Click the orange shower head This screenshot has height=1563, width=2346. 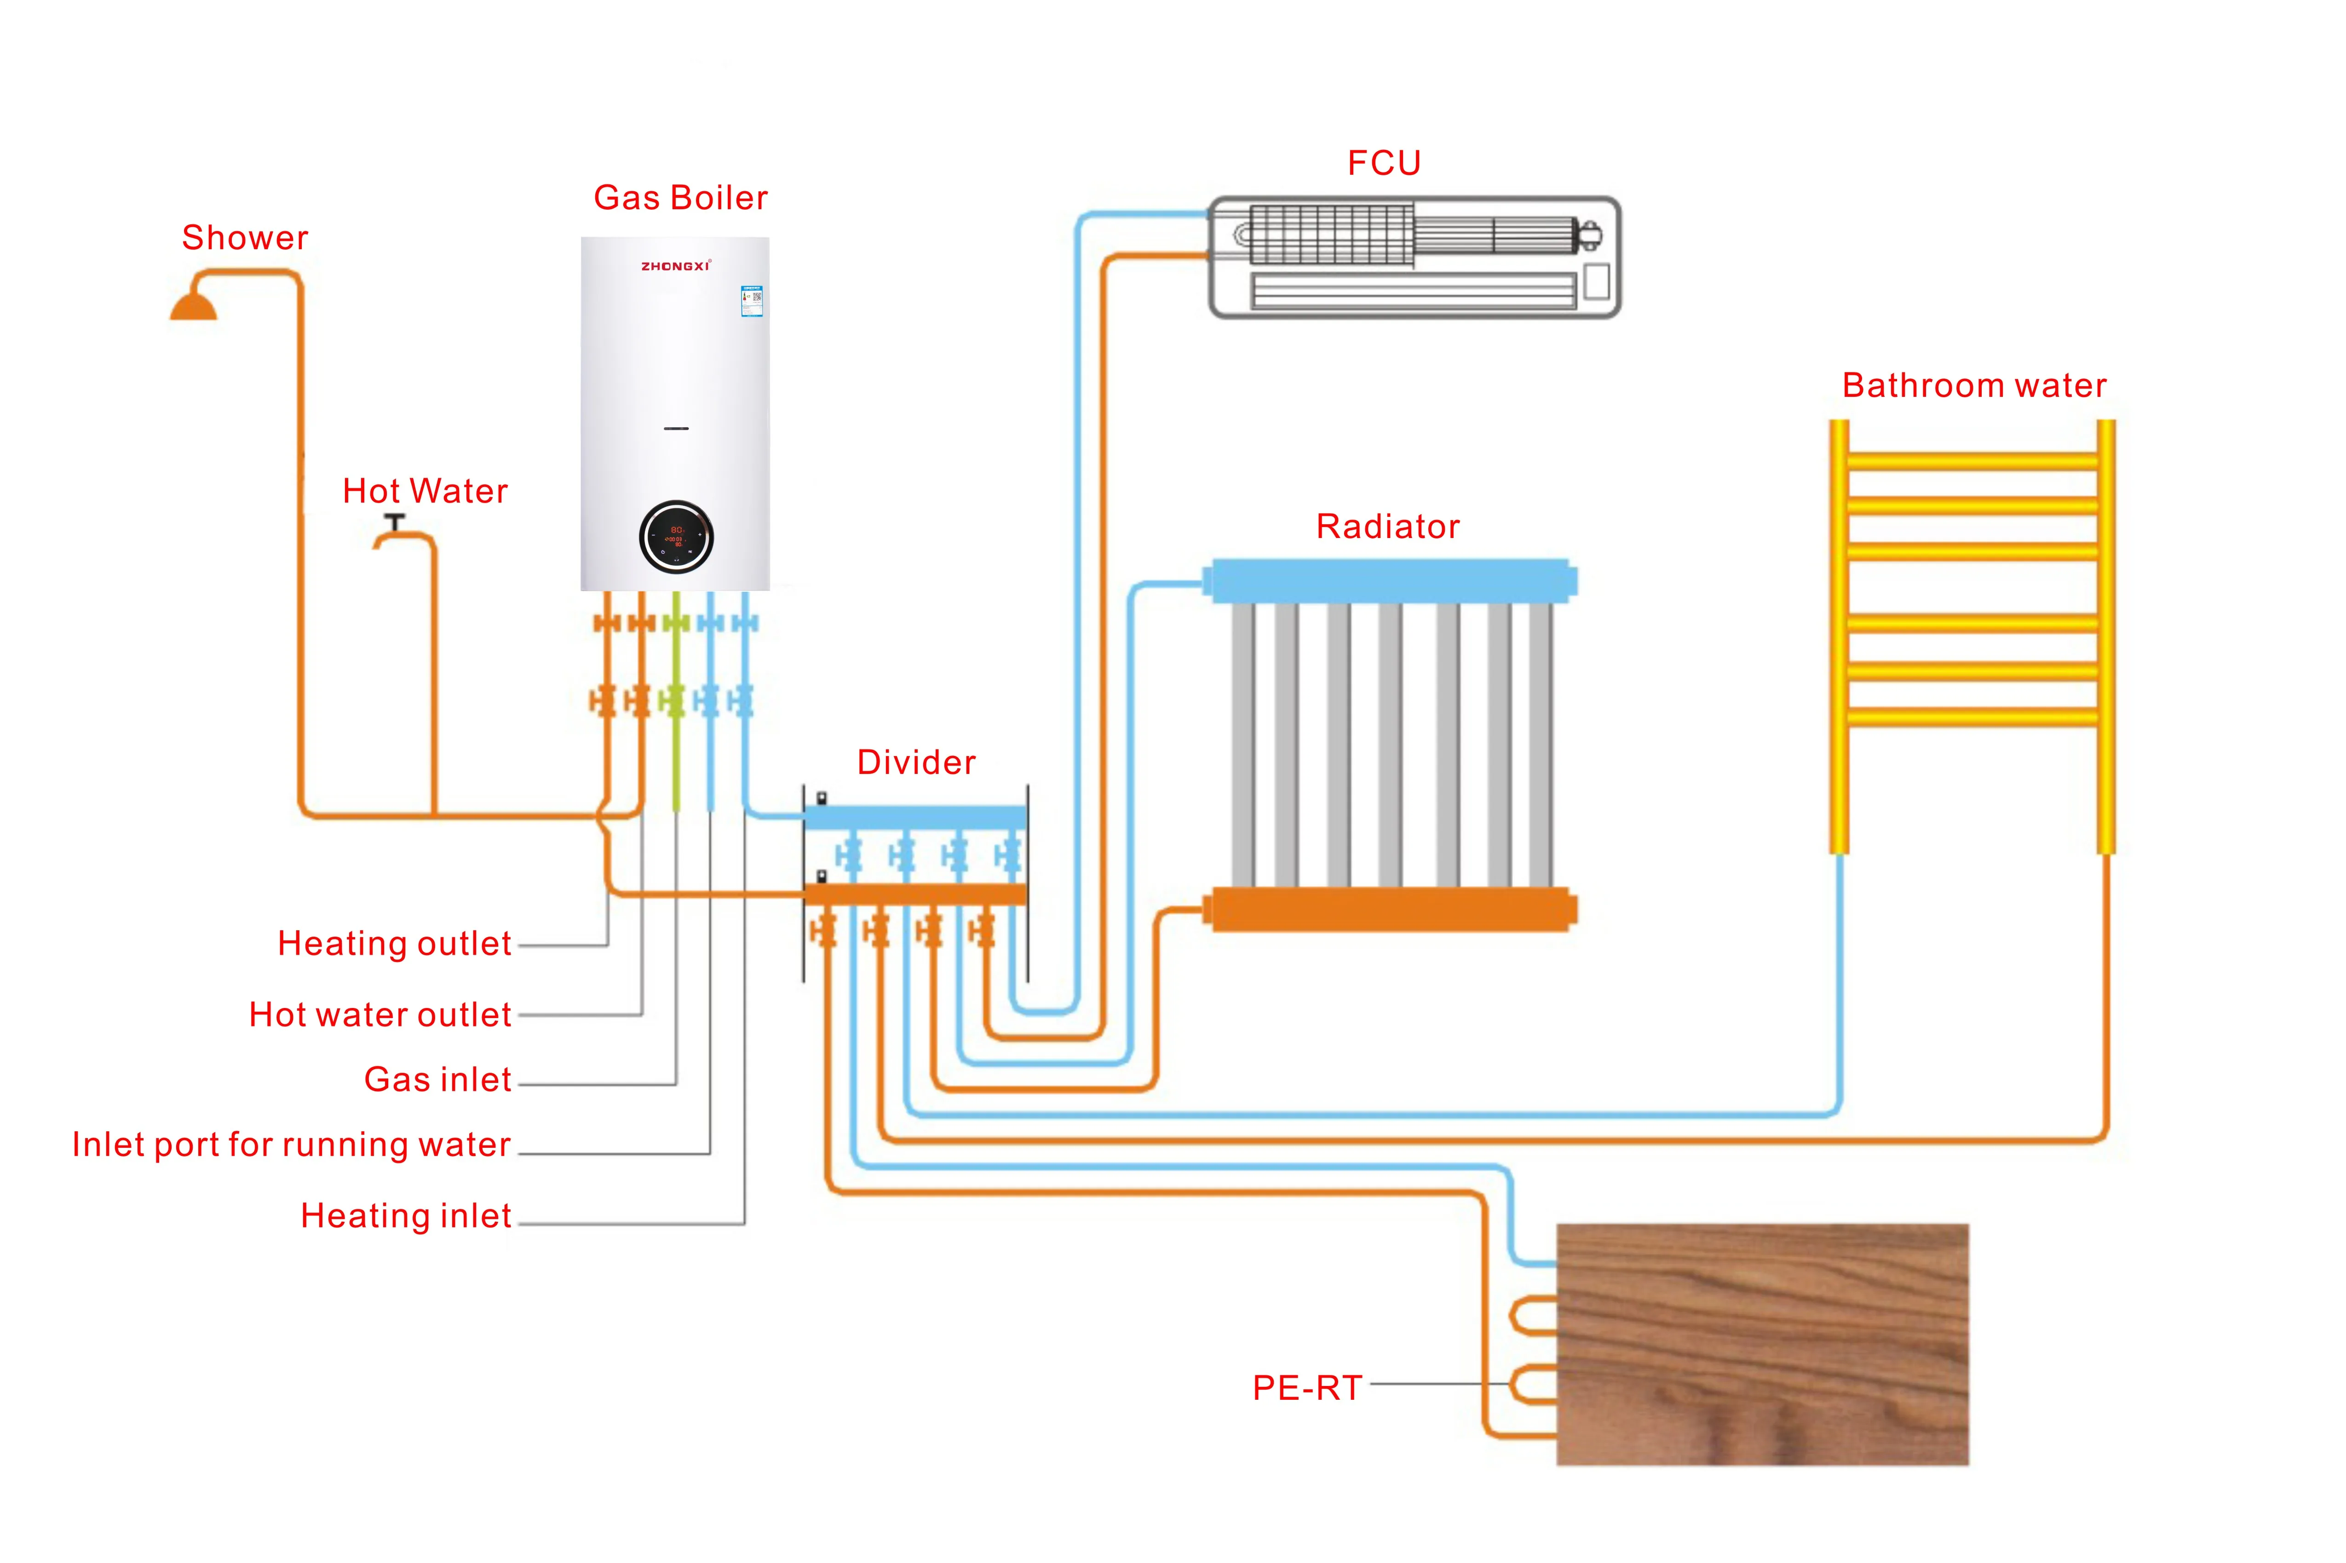193,305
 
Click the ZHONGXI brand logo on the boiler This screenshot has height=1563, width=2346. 675,266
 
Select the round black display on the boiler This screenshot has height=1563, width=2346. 676,537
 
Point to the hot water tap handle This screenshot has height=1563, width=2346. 395,521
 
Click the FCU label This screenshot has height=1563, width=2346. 1384,162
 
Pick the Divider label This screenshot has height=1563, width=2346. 915,762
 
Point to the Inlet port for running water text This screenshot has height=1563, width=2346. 291,1145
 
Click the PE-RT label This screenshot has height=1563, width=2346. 1306,1387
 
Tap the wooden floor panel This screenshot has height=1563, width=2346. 1762,1344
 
